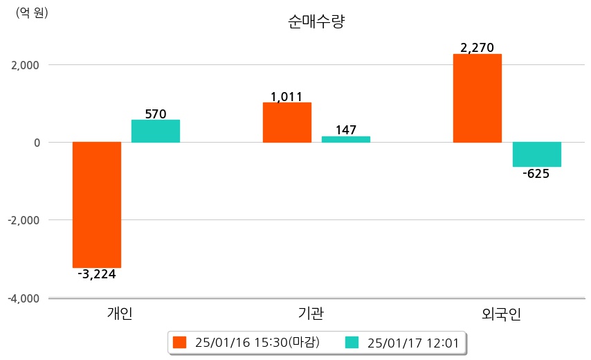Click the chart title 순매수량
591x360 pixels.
[x=316, y=21]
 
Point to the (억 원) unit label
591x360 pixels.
[x=32, y=12]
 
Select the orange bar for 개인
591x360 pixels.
[x=97, y=204]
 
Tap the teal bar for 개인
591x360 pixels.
[x=156, y=131]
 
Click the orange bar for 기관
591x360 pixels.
[x=287, y=123]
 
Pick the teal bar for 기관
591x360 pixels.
[x=346, y=139]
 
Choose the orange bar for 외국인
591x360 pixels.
[x=477, y=98]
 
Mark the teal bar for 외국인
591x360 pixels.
[x=536, y=154]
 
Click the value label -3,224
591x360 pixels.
[x=97, y=274]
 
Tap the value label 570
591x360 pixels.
[x=156, y=114]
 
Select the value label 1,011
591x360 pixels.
[x=287, y=96]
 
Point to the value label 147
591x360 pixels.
[x=346, y=129]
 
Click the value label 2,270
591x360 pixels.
[x=477, y=48]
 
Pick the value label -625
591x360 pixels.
[x=536, y=174]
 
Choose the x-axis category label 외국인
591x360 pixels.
[x=501, y=314]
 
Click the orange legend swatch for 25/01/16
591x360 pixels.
[x=181, y=342]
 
